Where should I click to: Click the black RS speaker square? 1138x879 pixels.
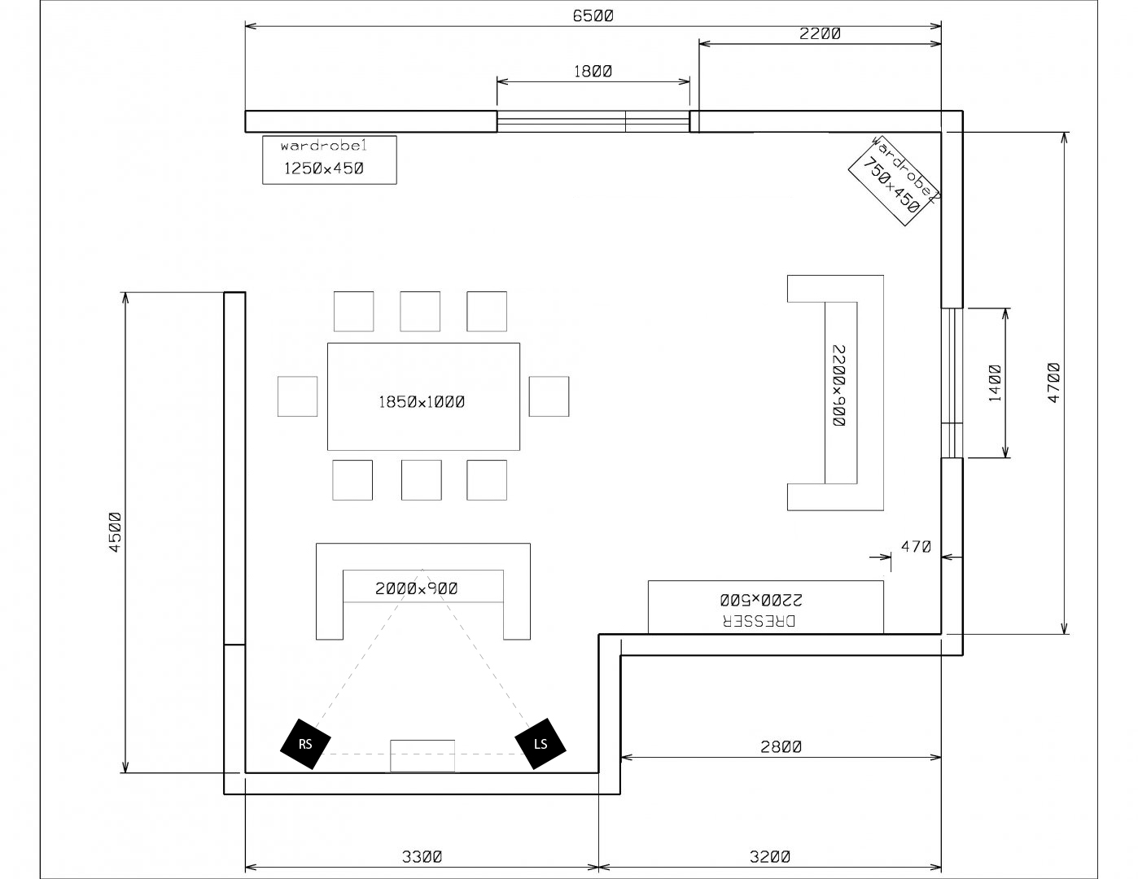pos(305,744)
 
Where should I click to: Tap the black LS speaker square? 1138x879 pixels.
pos(541,744)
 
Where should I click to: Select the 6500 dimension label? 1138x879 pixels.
pos(593,16)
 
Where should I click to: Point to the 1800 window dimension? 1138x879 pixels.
pos(593,71)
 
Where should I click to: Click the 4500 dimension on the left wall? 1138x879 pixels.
pos(115,532)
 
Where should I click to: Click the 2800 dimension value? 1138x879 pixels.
pos(781,746)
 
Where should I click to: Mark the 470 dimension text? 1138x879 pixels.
pos(916,547)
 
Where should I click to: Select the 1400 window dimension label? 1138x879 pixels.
pos(995,383)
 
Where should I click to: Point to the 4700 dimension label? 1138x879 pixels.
pos(1053,383)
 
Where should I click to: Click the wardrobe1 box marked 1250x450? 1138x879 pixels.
pos(330,160)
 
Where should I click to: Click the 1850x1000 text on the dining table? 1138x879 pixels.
pos(422,402)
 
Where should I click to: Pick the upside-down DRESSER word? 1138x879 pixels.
pos(759,621)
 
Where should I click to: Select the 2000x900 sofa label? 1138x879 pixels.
pos(416,589)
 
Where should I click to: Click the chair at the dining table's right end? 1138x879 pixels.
pos(549,396)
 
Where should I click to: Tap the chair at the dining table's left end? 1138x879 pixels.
pos(297,396)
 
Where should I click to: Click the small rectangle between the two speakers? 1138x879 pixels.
pos(422,756)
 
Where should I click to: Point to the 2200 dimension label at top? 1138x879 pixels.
pos(820,33)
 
